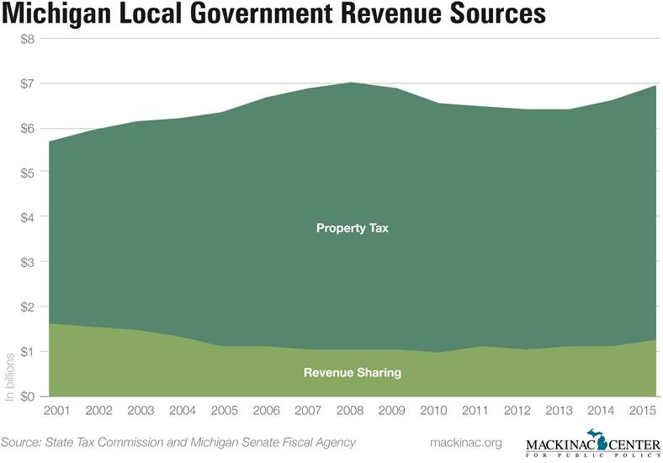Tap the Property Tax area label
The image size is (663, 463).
(351, 227)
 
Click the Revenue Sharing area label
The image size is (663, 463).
(352, 373)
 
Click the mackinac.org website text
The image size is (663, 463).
(464, 442)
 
